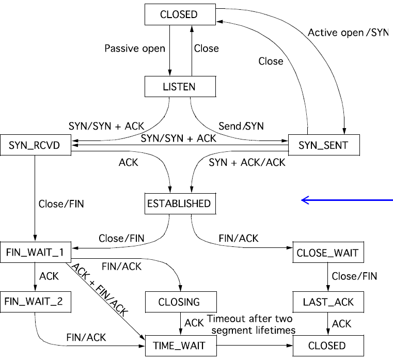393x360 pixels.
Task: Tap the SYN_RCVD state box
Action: (x=35, y=146)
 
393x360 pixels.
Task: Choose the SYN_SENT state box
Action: (x=323, y=146)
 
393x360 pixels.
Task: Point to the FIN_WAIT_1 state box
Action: (x=35, y=254)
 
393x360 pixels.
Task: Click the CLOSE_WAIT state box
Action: (x=327, y=254)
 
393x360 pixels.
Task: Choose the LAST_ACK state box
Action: (x=327, y=301)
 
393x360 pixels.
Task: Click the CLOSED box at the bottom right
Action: (x=327, y=345)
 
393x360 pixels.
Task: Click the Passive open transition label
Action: (x=135, y=49)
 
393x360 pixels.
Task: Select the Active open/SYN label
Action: (x=347, y=32)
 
